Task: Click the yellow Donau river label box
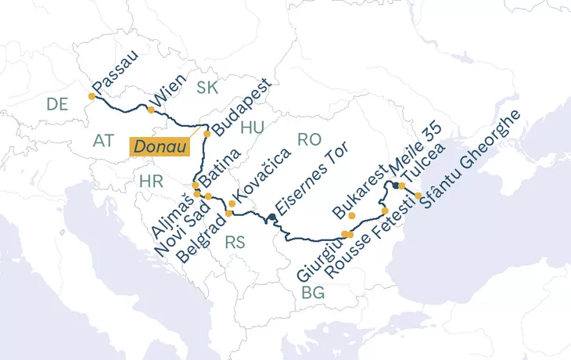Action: click(x=160, y=147)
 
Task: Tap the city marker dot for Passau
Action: click(x=92, y=96)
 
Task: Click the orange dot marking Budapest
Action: click(x=207, y=134)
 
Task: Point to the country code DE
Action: click(x=57, y=104)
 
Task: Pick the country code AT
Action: click(x=103, y=141)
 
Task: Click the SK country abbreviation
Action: click(x=207, y=87)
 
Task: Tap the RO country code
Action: click(x=310, y=139)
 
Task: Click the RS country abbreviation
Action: click(x=235, y=243)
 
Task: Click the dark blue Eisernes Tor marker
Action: click(x=271, y=218)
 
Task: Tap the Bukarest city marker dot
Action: click(x=352, y=215)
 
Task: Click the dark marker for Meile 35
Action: click(x=396, y=185)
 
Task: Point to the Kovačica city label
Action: click(x=262, y=175)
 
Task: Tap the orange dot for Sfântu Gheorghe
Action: click(x=418, y=196)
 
